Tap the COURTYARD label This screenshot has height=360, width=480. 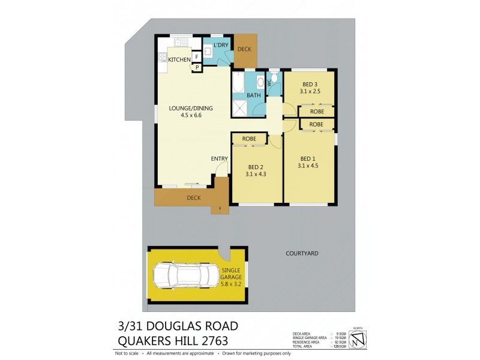point(302,254)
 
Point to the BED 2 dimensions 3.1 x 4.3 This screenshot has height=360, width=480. point(255,174)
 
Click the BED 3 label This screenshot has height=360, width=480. point(310,84)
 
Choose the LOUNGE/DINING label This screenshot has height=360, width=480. point(191,108)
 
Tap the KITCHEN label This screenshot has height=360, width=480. point(179,59)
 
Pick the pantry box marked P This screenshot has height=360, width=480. point(197,68)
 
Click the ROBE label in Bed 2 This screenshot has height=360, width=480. point(249,139)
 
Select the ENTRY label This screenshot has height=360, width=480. point(219,158)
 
